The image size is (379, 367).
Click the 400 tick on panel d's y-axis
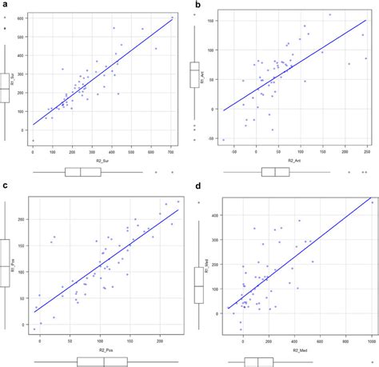coord(212,216)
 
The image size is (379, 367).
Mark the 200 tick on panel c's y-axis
coord(24,217)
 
